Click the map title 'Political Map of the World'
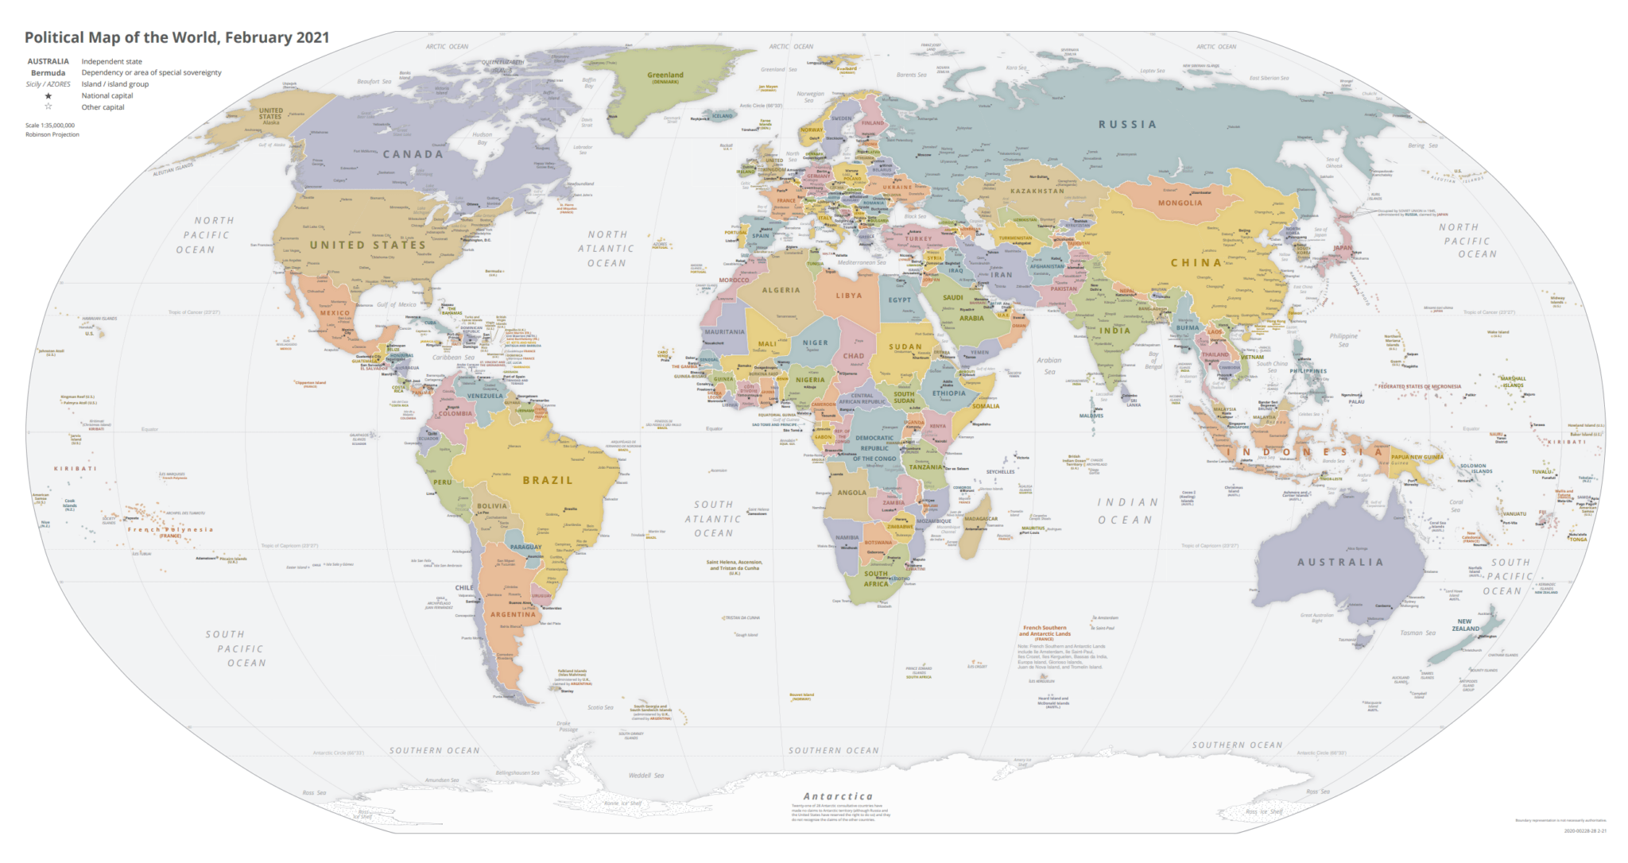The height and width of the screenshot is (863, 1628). coord(176,37)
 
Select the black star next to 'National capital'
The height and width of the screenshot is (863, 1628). coord(48,95)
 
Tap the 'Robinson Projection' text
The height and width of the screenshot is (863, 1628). coord(52,134)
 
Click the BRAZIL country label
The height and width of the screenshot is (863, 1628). coord(548,480)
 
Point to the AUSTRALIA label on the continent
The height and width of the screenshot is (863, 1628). coord(1340,562)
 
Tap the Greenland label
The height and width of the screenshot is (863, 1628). coord(665,75)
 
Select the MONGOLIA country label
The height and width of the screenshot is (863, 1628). coord(1180,203)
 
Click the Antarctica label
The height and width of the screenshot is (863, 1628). coord(838,796)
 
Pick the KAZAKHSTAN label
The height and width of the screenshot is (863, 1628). coord(1037,191)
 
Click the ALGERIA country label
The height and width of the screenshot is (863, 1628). coord(781,290)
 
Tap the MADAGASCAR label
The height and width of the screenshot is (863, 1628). coord(981,519)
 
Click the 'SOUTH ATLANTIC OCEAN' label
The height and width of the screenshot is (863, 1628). coord(713,519)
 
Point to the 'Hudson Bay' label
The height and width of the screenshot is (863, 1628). coord(483,138)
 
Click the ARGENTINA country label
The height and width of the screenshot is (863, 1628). coord(513,614)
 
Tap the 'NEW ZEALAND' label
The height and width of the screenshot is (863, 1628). coord(1465,625)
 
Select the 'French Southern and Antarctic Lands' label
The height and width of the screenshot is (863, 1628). coord(1045,630)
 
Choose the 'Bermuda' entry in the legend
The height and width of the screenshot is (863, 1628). coord(48,72)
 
